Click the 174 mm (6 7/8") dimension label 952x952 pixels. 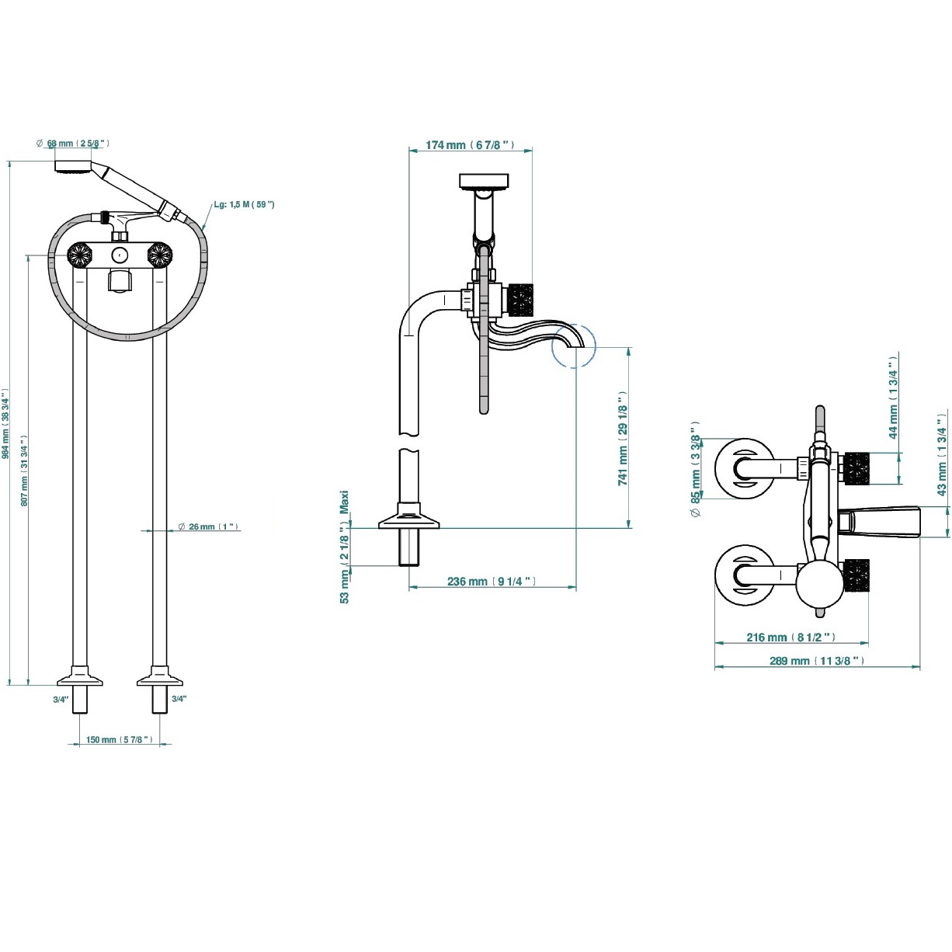[470, 144]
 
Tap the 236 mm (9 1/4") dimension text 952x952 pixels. [492, 582]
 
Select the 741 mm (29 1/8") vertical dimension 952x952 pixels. [623, 439]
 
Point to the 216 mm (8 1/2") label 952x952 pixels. [791, 638]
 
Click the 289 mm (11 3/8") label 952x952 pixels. [817, 661]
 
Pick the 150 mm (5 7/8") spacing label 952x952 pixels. [120, 739]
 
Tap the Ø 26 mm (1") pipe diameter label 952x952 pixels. [208, 526]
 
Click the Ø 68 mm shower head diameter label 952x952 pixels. [73, 144]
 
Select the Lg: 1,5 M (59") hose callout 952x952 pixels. [244, 204]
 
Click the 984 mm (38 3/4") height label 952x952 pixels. [5, 424]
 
